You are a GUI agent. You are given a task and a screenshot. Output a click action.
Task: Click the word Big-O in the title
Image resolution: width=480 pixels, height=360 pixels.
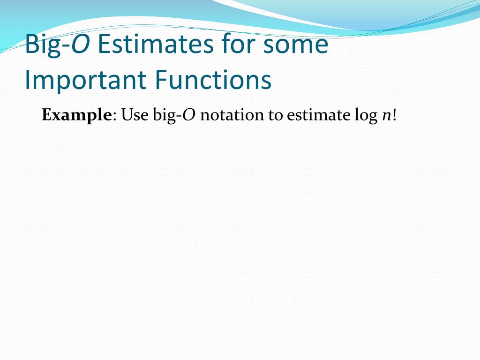[x=58, y=45]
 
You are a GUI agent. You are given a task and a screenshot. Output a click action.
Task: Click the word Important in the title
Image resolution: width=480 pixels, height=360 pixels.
[x=85, y=81]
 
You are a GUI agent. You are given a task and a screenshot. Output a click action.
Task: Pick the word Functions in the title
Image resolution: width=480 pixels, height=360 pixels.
[x=213, y=80]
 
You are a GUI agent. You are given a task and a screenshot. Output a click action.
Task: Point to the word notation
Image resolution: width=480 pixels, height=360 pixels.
[x=232, y=115]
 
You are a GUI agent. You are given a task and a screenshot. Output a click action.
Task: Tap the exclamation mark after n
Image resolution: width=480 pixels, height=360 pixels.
[x=394, y=115]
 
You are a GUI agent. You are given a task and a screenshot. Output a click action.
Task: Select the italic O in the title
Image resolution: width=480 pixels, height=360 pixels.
[x=80, y=44]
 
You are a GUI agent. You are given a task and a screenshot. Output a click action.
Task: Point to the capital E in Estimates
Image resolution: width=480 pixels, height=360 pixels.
[x=105, y=45]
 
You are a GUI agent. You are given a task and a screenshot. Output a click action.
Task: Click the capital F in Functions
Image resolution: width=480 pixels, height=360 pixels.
[x=161, y=80]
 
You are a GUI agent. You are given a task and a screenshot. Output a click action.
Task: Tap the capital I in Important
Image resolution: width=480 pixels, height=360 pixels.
[x=27, y=80]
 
